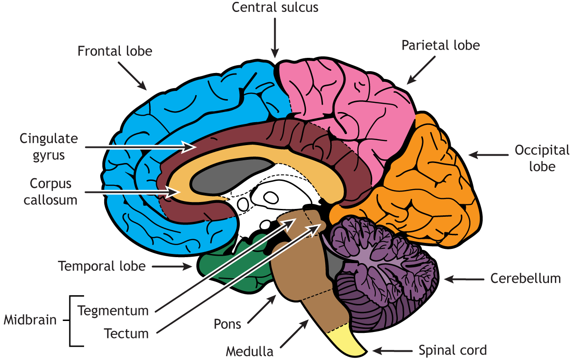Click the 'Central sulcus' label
click(275, 7)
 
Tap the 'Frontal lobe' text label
click(114, 51)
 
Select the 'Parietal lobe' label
click(441, 45)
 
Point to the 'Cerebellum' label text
click(526, 278)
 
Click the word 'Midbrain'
click(30, 320)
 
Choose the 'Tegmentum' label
click(113, 310)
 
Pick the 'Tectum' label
click(126, 333)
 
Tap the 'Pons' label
click(227, 324)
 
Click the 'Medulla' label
click(249, 352)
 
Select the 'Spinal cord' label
click(452, 350)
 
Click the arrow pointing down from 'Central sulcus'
click(275, 37)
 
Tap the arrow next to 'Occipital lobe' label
click(489, 155)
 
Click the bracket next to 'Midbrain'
click(71, 320)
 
